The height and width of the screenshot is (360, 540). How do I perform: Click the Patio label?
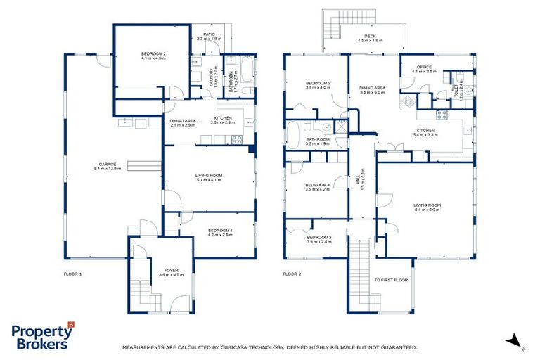pyautogui.click(x=208, y=34)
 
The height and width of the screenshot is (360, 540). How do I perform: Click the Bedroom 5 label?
pyautogui.click(x=318, y=84)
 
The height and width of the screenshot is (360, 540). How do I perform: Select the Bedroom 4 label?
pyautogui.click(x=318, y=185)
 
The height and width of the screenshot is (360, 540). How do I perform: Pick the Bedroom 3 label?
pyautogui.click(x=318, y=237)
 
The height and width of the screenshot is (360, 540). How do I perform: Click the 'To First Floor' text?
pyautogui.click(x=391, y=280)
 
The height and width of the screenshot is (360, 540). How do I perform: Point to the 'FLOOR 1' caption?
pyautogui.click(x=73, y=274)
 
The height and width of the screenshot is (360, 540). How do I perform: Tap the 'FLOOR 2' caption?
pyautogui.click(x=292, y=274)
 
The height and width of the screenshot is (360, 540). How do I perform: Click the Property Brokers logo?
pyautogui.click(x=42, y=336)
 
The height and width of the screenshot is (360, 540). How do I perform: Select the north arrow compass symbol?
pyautogui.click(x=517, y=340)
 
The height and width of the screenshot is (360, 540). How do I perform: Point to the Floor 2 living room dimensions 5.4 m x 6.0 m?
pyautogui.click(x=426, y=209)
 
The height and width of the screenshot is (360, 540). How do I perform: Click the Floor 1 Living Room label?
pyautogui.click(x=208, y=176)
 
